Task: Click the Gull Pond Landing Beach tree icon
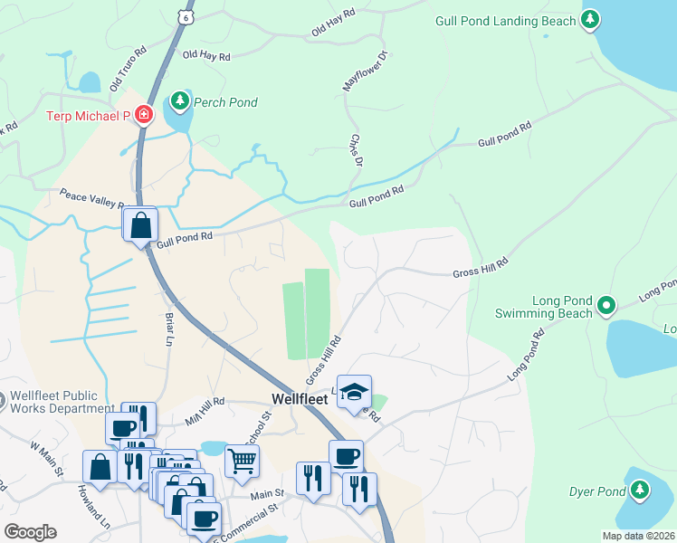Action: pos(590,19)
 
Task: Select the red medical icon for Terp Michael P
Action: pos(143,115)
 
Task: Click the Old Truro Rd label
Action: pos(128,70)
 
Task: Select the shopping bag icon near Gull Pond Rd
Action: pos(141,225)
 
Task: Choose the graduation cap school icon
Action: pos(354,392)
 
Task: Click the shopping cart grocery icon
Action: pos(242,462)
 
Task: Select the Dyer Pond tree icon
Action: pos(640,491)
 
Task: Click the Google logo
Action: pos(30,531)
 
